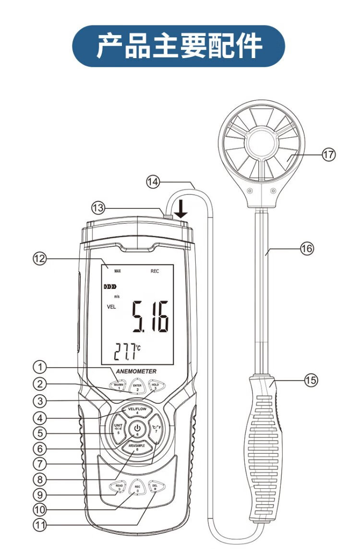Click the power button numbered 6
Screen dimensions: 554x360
[137, 429]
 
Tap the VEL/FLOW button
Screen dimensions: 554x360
[137, 410]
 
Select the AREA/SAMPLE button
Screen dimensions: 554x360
[137, 447]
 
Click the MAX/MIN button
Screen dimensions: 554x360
[119, 385]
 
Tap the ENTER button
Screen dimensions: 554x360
[137, 386]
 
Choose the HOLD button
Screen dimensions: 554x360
[156, 385]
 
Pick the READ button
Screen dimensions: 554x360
[119, 487]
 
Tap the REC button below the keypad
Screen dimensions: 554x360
[137, 488]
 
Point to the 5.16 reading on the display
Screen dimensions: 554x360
[151, 317]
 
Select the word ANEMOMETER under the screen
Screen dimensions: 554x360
[136, 371]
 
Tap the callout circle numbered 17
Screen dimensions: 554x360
[329, 155]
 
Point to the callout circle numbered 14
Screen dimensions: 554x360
[153, 181]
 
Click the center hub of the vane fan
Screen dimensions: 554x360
[261, 141]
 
